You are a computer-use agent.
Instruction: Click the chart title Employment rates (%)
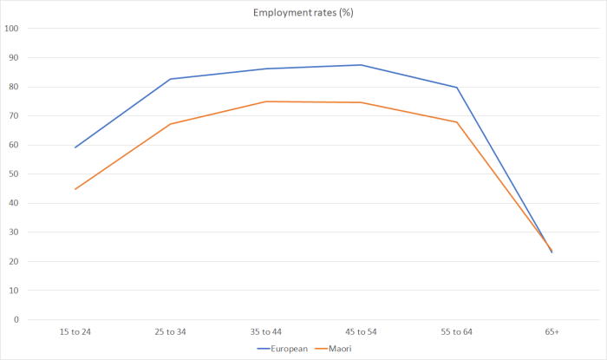pyautogui.click(x=303, y=13)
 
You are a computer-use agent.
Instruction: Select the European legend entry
pyautogui.click(x=286, y=349)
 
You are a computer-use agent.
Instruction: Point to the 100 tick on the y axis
pyautogui.click(x=11, y=29)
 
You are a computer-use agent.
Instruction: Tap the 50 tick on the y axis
pyautogui.click(x=14, y=174)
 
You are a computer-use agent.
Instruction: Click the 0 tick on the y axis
pyautogui.click(x=16, y=320)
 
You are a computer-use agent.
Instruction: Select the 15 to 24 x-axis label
pyautogui.click(x=75, y=332)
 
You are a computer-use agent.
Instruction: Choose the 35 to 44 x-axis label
pyautogui.click(x=266, y=332)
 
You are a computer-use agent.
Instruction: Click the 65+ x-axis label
pyautogui.click(x=552, y=332)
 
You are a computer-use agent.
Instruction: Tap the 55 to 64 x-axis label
pyautogui.click(x=457, y=332)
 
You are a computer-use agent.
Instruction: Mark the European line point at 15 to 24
pyautogui.click(x=75, y=147)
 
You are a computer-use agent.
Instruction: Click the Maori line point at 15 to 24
pyautogui.click(x=75, y=189)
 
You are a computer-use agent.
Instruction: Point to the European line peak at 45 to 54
pyautogui.click(x=362, y=65)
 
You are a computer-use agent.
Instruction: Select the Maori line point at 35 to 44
pyautogui.click(x=266, y=101)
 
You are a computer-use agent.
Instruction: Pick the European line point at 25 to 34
pyautogui.click(x=171, y=79)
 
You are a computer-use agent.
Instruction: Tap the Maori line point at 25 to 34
pyautogui.click(x=171, y=124)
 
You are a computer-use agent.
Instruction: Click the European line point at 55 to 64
pyautogui.click(x=457, y=88)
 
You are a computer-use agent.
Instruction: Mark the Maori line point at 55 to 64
pyautogui.click(x=457, y=122)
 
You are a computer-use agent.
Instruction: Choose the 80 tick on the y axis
pyautogui.click(x=14, y=87)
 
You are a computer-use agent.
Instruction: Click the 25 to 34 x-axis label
pyautogui.click(x=171, y=332)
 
